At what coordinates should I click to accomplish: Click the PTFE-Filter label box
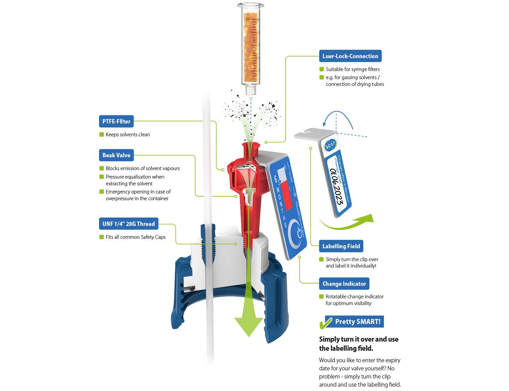[x=116, y=121]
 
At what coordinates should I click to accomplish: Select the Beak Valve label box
[x=116, y=155]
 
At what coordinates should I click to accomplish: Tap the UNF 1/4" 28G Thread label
[x=129, y=224]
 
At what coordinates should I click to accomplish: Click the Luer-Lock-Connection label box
[x=350, y=56]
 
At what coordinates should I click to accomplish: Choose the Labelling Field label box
[x=341, y=246]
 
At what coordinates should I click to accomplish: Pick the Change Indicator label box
[x=344, y=284]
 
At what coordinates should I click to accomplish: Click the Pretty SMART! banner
[x=358, y=322]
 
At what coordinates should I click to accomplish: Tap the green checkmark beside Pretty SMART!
[x=325, y=323]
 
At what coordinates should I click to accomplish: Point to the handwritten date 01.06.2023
[x=337, y=186]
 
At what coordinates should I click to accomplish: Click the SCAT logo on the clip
[x=330, y=146]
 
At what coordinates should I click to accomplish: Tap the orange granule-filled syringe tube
[x=251, y=47]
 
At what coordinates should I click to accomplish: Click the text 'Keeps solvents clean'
[x=128, y=135]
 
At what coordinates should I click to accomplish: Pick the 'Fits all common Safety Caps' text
[x=135, y=237]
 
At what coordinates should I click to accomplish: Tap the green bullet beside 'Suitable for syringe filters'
[x=322, y=69]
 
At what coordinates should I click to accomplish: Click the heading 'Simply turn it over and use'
[x=359, y=339]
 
